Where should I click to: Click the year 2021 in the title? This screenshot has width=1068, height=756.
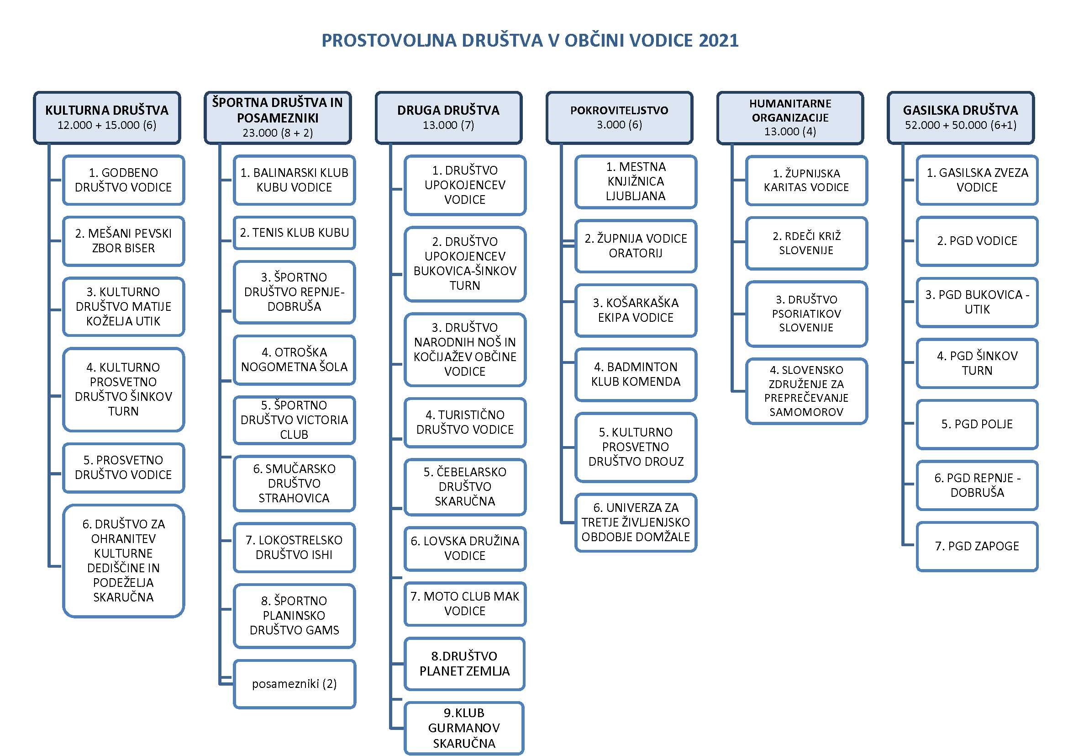718,41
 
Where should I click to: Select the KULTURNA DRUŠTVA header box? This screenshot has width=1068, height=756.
107,117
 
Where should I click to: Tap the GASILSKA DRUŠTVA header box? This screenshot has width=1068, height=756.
961,117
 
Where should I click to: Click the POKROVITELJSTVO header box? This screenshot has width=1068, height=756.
619,117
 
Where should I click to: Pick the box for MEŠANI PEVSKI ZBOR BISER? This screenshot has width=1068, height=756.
123,241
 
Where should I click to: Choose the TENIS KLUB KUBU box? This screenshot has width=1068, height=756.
294,233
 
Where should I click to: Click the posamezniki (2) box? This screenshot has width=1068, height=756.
294,684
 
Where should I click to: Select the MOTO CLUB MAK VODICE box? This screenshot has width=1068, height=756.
465,604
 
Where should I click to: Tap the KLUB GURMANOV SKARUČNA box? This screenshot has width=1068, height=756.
464,728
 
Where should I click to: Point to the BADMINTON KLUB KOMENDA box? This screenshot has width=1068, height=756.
636,374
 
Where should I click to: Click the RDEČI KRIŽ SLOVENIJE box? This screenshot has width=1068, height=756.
806,243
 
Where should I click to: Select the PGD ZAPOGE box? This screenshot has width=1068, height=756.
977,546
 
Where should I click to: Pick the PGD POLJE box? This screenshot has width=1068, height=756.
977,424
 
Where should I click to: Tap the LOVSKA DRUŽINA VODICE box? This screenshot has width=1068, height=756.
465,548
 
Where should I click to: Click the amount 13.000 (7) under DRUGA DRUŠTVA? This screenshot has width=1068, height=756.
448,125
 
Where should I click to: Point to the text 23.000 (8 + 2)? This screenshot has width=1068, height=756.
278,133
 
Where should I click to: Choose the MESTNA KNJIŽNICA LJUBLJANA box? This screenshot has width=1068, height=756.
636,181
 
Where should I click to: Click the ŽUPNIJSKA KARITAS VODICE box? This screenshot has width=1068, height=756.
806,180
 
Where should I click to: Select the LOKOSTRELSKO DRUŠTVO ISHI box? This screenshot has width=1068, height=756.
294,548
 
